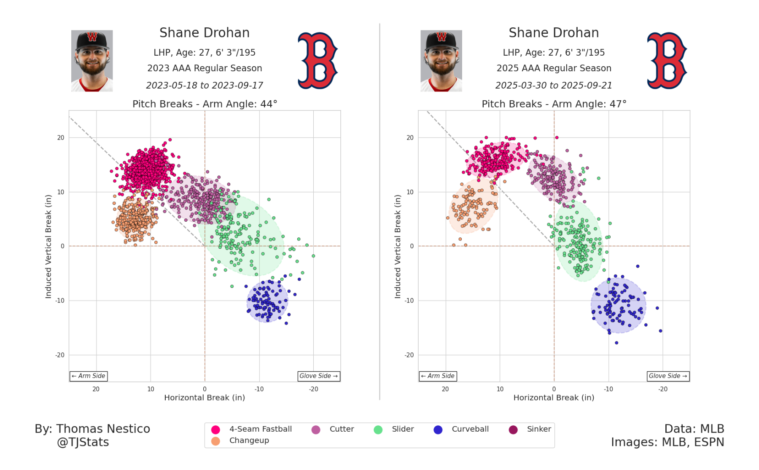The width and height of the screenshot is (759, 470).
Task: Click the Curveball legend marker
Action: click(438, 430)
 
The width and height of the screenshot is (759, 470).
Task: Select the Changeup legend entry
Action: click(249, 440)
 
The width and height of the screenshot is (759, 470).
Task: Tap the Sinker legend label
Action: click(539, 429)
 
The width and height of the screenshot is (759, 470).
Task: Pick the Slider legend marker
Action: click(378, 430)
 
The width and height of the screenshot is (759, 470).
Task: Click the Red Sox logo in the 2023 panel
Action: click(318, 61)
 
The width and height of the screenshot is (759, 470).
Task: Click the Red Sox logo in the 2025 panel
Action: click(667, 61)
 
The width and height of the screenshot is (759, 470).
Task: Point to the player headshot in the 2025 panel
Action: click(441, 61)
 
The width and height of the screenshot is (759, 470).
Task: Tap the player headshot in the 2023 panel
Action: click(92, 61)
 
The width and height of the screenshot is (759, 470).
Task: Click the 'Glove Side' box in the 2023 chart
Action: click(319, 376)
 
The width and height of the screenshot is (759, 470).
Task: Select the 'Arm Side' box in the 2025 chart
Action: click(438, 376)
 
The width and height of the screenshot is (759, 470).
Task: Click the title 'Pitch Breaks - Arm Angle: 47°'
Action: click(554, 104)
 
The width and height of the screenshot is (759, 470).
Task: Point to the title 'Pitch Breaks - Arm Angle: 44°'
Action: click(205, 104)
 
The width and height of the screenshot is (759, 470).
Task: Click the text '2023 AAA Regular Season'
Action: click(205, 68)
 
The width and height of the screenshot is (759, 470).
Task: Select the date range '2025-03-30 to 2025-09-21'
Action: click(554, 86)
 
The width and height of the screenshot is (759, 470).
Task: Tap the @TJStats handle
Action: click(83, 442)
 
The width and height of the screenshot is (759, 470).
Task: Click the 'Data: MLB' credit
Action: click(694, 429)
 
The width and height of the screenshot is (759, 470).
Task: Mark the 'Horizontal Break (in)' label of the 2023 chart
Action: click(205, 397)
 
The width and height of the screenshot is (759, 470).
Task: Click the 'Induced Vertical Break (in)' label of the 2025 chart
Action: click(398, 247)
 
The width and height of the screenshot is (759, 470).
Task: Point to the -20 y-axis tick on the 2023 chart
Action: click(60, 355)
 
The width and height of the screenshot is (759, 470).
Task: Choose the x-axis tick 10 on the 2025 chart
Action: click(500, 389)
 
